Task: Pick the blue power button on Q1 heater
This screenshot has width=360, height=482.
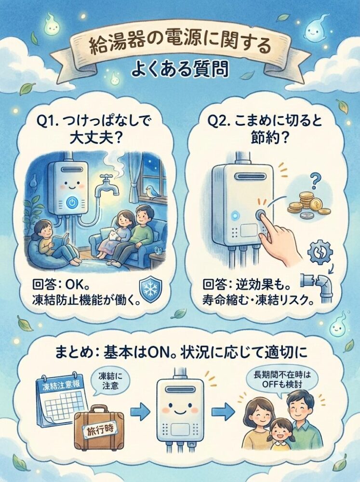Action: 71,202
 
